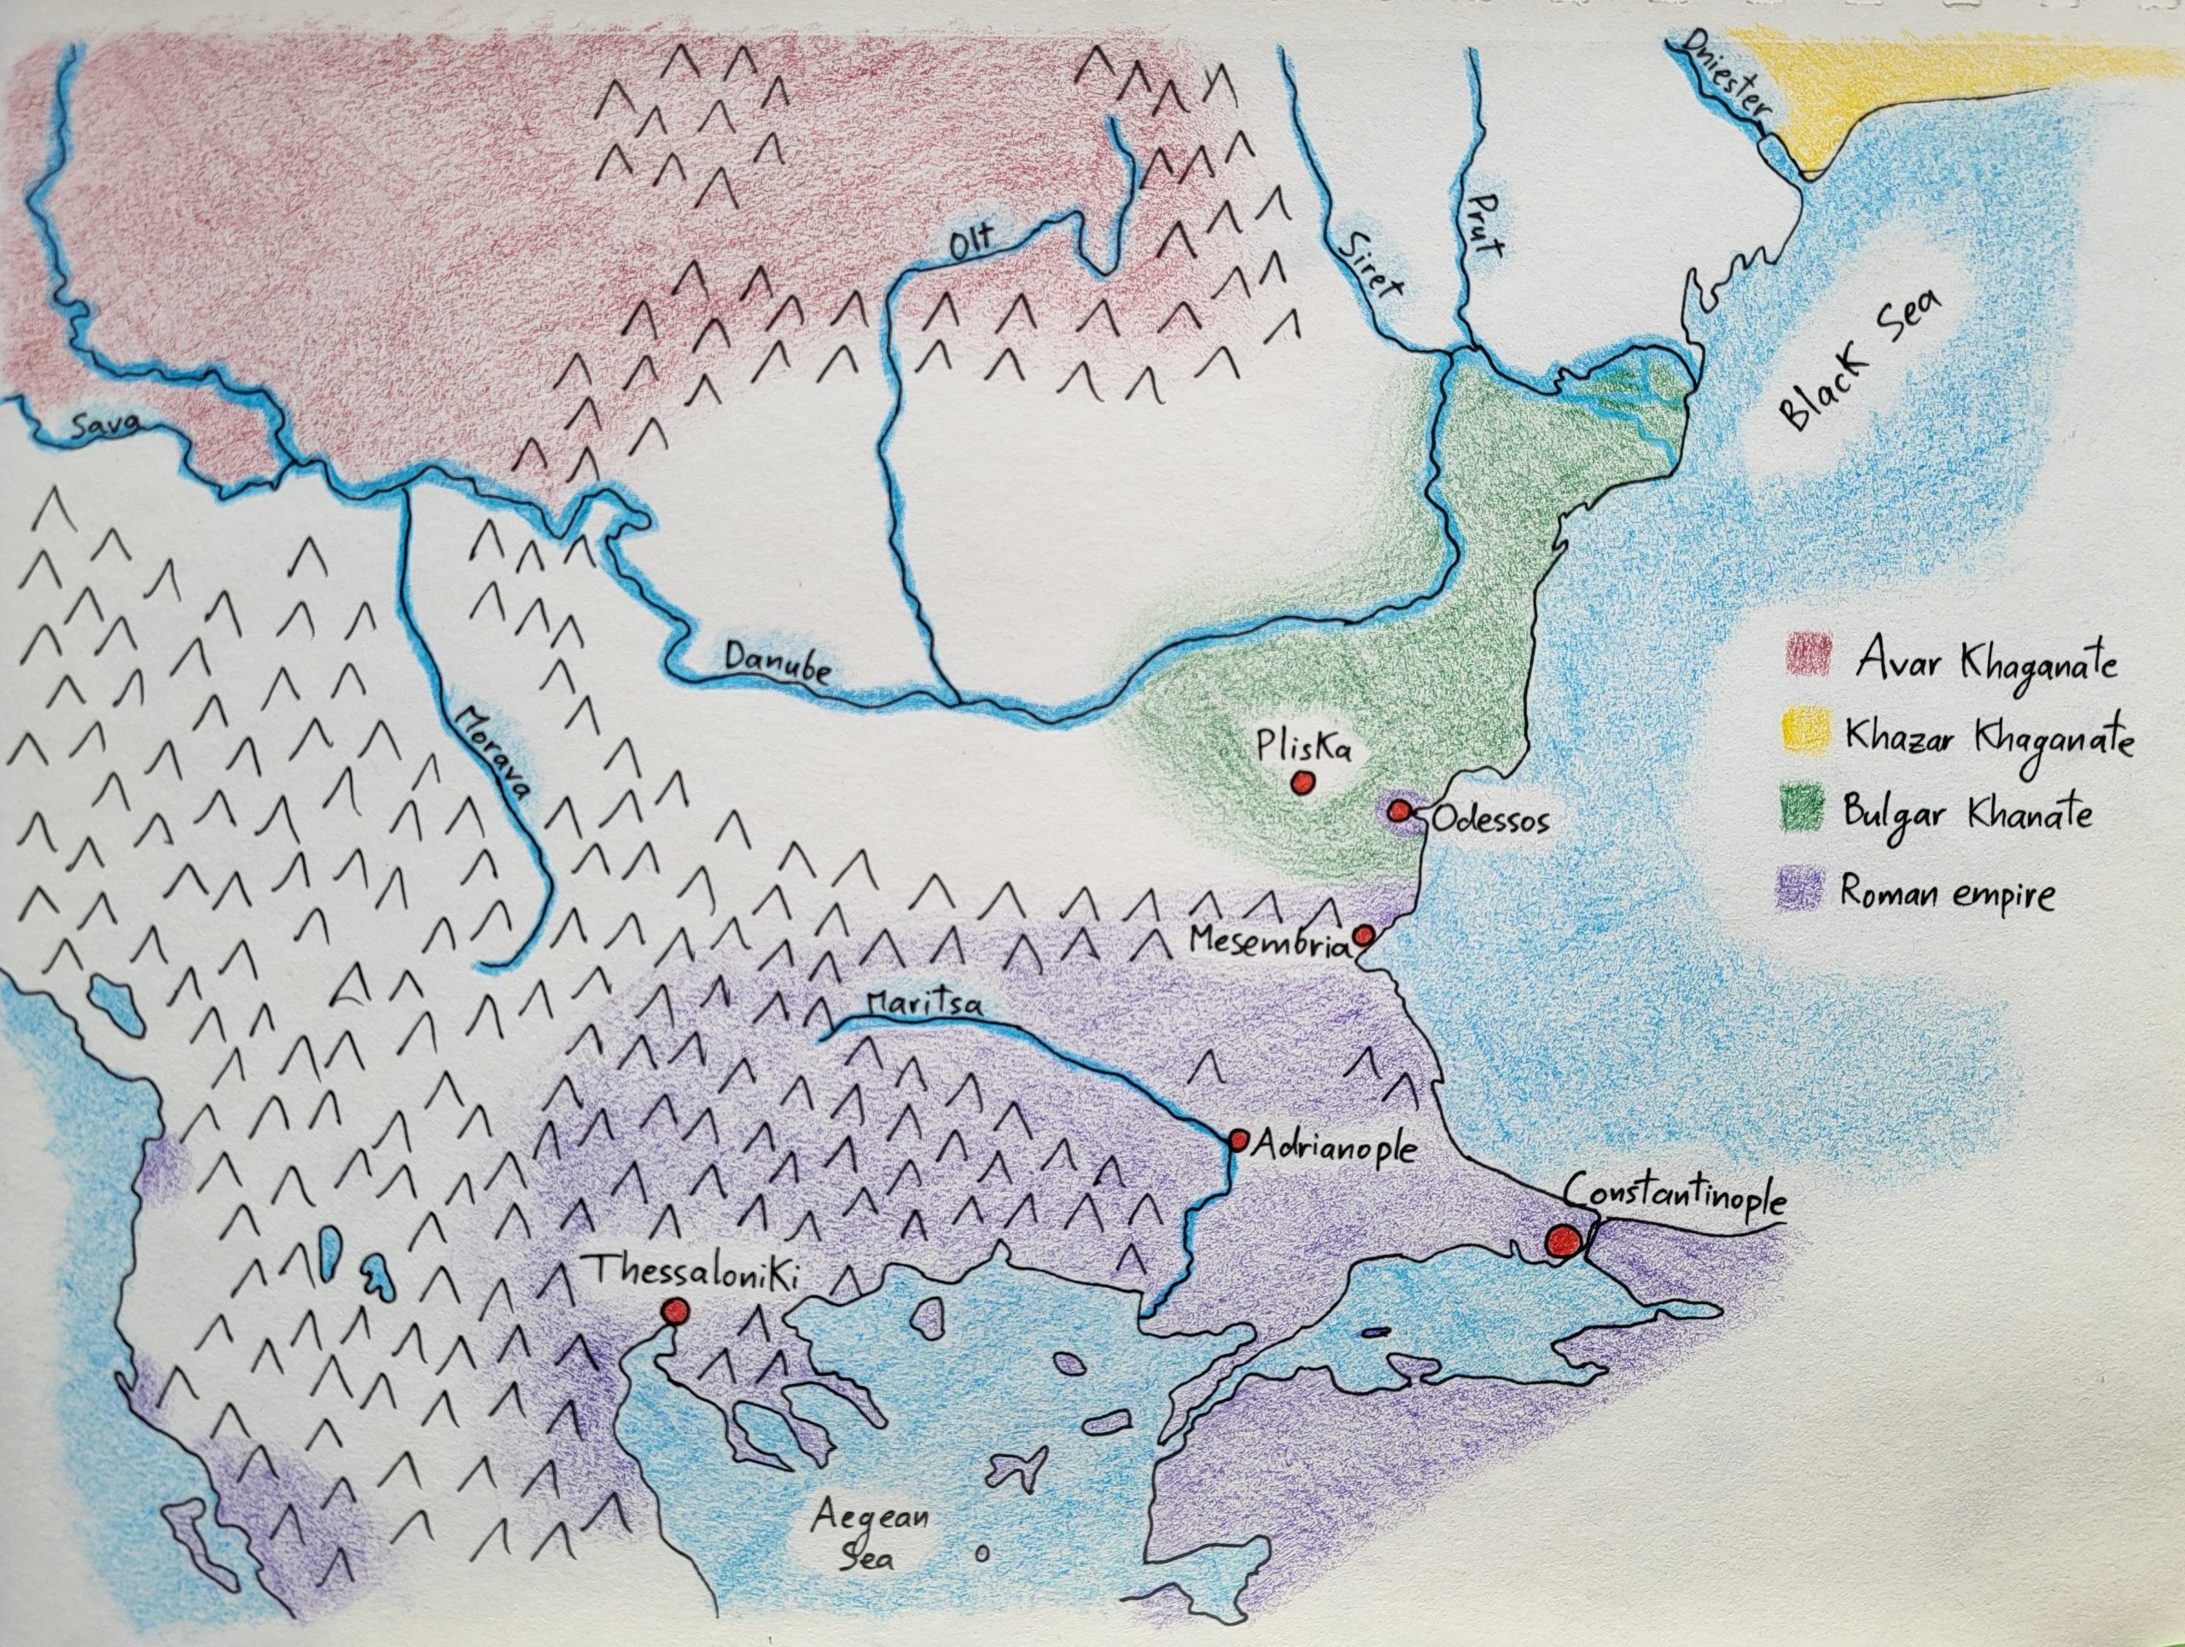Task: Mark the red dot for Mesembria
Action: [1363, 935]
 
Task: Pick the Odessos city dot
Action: [1399, 811]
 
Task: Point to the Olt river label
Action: [974, 244]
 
